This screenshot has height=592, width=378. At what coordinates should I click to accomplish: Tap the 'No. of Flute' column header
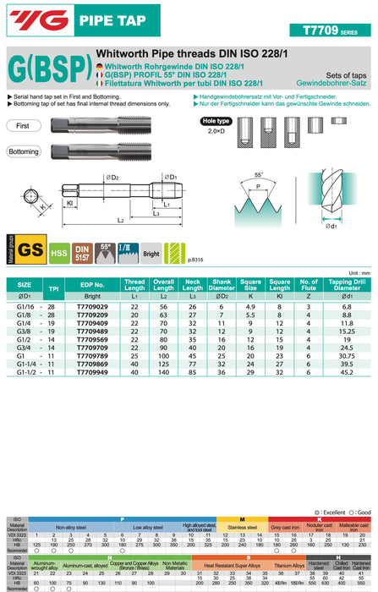pyautogui.click(x=309, y=284)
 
